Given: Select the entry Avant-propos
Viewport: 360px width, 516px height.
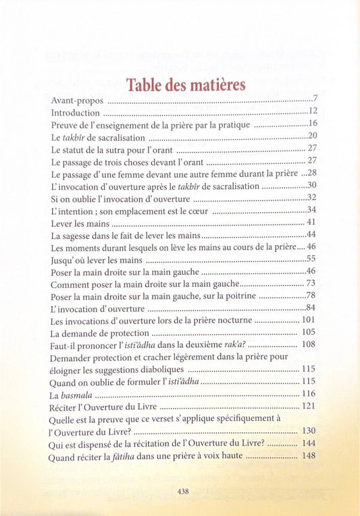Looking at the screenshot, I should point(77,101).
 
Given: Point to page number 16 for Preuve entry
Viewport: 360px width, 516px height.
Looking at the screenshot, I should point(312,124).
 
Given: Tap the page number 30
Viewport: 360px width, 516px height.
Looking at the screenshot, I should point(312,185).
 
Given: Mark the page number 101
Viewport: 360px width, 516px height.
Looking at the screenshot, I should point(309,320).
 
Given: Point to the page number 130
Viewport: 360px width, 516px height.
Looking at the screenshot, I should point(309,431).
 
